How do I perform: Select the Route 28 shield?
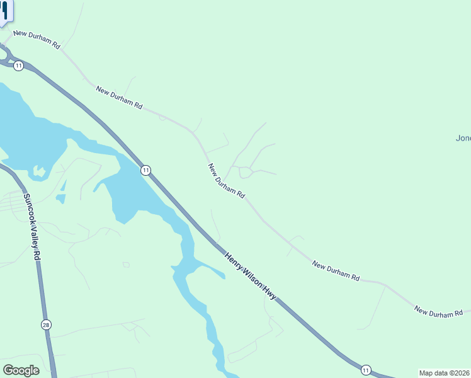click(45, 325)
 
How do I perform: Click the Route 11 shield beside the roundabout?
click(19, 66)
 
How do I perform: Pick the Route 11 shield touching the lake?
click(145, 170)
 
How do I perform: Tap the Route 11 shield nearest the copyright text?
click(366, 369)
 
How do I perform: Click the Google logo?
click(21, 370)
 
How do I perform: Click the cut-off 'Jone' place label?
click(463, 138)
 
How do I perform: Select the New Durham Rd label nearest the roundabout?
click(37, 39)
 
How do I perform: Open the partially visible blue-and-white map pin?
click(5, 11)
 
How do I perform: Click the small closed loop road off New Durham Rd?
click(245, 173)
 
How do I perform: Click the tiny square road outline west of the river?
click(126, 265)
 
